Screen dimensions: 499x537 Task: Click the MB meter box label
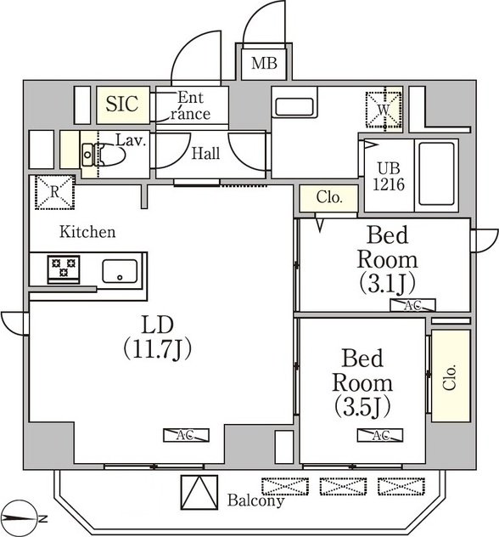[x=264, y=64]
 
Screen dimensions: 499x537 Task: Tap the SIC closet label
[x=122, y=104]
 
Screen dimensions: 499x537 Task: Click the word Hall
[x=205, y=154]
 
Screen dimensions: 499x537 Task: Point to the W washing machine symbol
[x=384, y=110]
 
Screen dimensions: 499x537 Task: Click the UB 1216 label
[x=389, y=177]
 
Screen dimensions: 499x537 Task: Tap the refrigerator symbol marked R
[x=54, y=192]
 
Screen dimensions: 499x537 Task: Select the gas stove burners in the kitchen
[x=64, y=268]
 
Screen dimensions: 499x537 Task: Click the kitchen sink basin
[x=120, y=271]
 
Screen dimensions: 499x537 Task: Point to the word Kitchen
[x=87, y=232]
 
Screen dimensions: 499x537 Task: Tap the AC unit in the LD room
[x=186, y=435]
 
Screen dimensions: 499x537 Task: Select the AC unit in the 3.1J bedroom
[x=412, y=305]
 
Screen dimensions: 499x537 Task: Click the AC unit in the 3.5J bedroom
[x=380, y=435]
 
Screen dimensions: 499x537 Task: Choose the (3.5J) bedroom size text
[x=362, y=408]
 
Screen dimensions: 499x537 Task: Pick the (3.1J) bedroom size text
[x=388, y=283]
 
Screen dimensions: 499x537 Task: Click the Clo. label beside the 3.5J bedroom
[x=450, y=377]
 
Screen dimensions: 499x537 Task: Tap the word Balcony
[x=255, y=500]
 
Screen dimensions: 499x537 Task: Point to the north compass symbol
[x=21, y=519]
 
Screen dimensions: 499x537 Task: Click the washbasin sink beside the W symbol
[x=294, y=106]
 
